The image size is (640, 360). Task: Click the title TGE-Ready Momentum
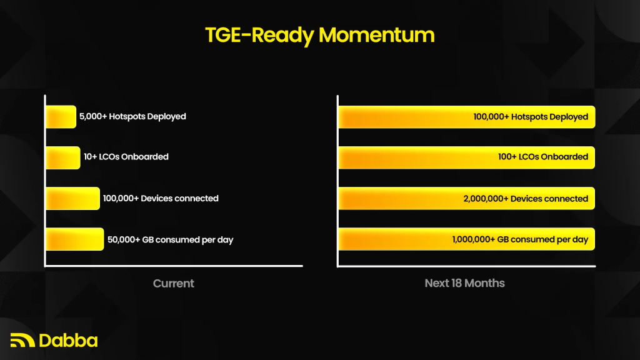319,36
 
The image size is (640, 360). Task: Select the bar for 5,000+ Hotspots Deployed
61,117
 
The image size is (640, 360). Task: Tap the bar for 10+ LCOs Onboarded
63,157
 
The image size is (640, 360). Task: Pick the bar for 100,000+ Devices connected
72,198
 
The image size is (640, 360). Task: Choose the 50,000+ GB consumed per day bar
75,239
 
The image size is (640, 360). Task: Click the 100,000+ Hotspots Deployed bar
466,117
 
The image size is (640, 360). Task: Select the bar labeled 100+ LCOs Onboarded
466,157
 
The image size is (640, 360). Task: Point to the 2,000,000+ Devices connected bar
466,198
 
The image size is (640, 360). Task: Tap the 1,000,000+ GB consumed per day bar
466,239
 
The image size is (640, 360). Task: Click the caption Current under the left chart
174,283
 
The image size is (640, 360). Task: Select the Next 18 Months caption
464,283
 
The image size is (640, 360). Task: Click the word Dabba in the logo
68,341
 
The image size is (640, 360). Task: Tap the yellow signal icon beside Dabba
22,340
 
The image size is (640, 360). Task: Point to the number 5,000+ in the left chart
93,116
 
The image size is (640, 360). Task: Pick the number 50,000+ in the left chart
124,239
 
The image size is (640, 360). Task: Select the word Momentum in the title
376,35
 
